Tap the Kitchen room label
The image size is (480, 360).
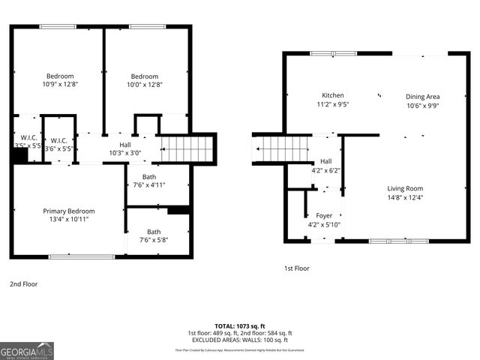[333, 95]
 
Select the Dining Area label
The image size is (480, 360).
[422, 96]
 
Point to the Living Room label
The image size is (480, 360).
[405, 188]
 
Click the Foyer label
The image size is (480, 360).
[324, 215]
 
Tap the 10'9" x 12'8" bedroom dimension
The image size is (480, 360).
[60, 85]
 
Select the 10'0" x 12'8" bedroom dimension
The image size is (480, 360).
[145, 85]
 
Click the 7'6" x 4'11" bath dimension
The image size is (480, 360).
[148, 184]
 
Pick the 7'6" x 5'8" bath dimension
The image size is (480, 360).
[154, 240]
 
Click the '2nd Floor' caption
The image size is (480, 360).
[23, 284]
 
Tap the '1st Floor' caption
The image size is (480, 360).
[296, 268]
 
